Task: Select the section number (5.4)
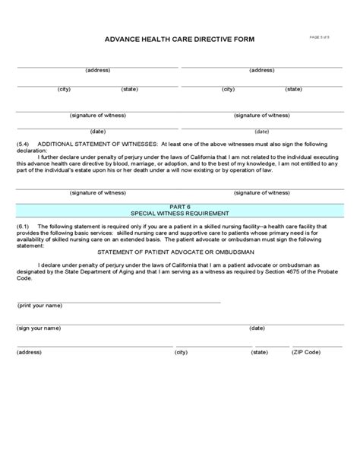(x=23, y=142)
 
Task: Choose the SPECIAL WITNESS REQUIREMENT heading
(x=180, y=214)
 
